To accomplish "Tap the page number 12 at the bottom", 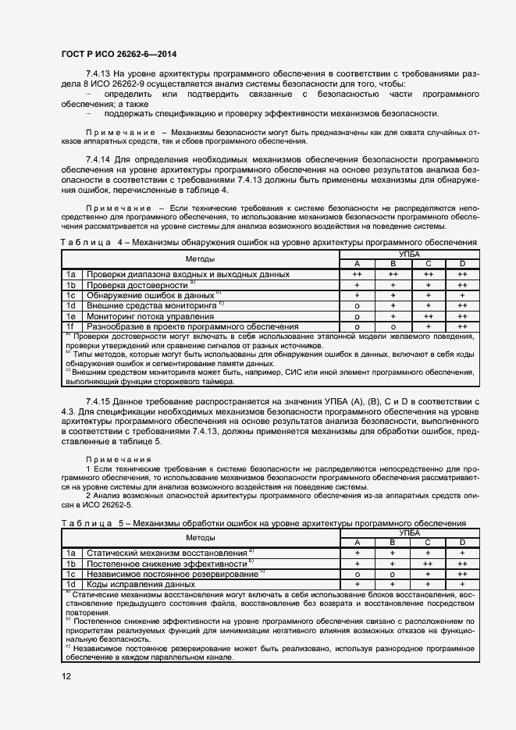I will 66,675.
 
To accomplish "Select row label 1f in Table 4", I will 70,326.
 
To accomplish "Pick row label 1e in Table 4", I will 70,316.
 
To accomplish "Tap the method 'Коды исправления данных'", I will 141,584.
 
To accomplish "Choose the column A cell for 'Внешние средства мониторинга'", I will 357,306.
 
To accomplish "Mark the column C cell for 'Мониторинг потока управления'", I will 428,316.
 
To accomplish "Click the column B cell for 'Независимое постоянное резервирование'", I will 393,574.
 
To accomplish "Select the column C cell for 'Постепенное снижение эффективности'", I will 428,564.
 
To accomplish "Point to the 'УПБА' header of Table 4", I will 409,255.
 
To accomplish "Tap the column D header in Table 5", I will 462,543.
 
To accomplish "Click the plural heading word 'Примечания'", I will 120,460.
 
